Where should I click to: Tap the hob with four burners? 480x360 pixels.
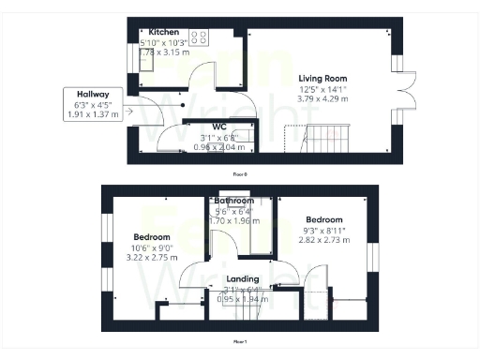coord(199,38)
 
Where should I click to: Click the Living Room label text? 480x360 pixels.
coord(323,78)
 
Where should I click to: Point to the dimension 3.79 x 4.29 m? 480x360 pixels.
coord(323,97)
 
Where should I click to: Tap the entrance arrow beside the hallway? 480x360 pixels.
coord(127,115)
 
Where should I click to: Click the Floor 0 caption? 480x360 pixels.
coord(241,173)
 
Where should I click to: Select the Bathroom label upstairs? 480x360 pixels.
coord(233,201)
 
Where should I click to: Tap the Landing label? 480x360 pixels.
coord(242,279)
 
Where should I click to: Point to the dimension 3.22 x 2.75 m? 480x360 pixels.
coord(151,256)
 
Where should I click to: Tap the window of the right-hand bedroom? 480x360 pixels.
coord(370,257)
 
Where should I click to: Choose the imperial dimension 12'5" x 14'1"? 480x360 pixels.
coord(323,88)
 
